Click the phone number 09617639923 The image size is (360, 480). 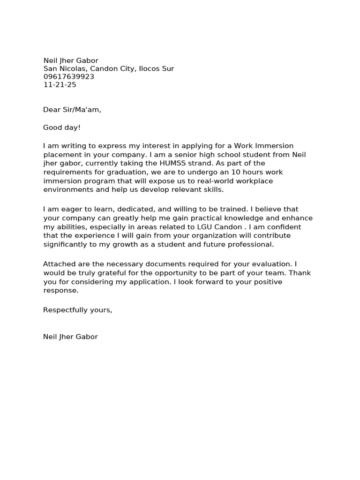click(x=69, y=77)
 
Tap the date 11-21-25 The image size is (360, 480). click(x=60, y=85)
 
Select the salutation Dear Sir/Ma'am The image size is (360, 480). click(x=72, y=110)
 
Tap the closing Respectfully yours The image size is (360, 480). click(x=77, y=310)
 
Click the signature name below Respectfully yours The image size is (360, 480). click(x=70, y=337)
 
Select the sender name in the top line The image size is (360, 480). click(x=71, y=60)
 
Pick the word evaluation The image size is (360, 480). click(x=269, y=264)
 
